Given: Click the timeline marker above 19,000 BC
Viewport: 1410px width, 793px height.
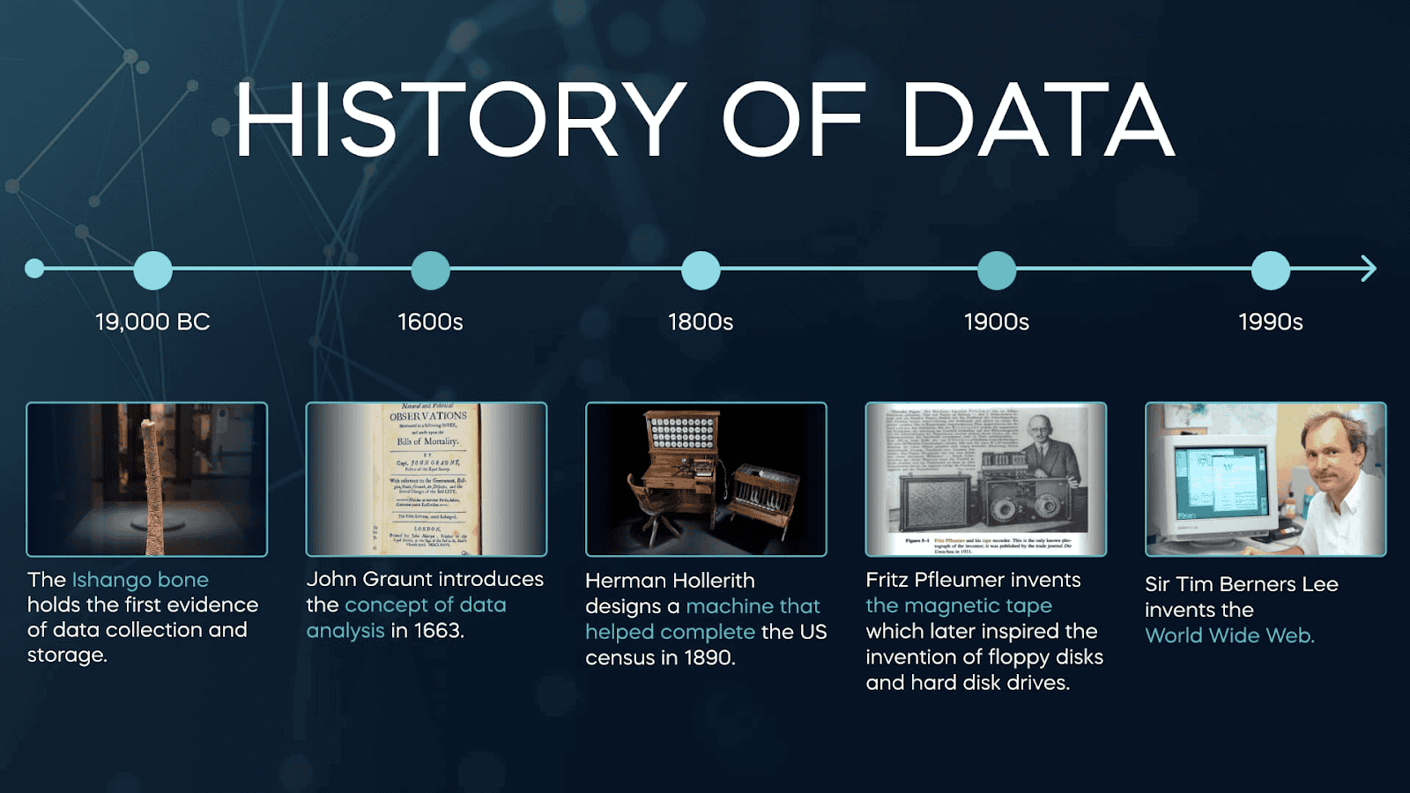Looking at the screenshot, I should click(x=152, y=270).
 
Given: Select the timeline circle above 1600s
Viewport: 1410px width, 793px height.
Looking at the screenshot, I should click(x=430, y=270).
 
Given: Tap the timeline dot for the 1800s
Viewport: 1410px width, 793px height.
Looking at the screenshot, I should click(x=701, y=270).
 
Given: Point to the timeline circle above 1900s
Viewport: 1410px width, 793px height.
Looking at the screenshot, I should click(x=997, y=270).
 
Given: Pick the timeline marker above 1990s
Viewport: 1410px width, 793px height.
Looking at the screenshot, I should click(x=1270, y=270).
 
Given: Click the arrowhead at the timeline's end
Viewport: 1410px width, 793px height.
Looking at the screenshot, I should click(x=1368, y=269).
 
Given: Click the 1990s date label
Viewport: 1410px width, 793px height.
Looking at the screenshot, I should click(x=1270, y=322).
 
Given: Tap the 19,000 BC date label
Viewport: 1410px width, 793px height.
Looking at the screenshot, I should click(x=152, y=322).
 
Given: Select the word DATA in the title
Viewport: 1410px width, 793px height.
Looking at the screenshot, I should click(x=1037, y=121).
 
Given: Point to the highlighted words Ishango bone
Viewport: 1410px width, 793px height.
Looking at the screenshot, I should click(x=140, y=580).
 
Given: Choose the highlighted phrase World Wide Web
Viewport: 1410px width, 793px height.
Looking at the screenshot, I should click(x=1229, y=635).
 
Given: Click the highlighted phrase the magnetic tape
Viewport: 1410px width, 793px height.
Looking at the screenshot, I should click(x=959, y=605).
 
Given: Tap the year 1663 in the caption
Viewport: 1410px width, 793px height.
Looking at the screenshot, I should click(x=438, y=631).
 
